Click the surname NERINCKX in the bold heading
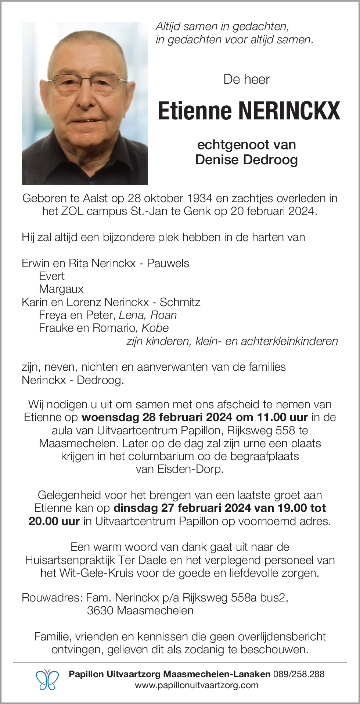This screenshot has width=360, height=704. pos(289,111)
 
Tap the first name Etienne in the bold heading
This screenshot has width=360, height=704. pos(195,111)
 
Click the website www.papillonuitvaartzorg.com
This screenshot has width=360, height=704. pos(197,685)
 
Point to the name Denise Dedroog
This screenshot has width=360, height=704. pos(246,160)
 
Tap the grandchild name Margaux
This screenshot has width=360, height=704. pos(61,289)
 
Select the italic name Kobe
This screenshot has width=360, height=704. pos(155,328)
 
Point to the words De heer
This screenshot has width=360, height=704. pos(246,79)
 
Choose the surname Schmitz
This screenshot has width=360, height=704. pos(180,302)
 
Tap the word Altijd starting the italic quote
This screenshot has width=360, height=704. pos(168,26)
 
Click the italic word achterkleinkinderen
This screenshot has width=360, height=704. pos(289,341)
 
